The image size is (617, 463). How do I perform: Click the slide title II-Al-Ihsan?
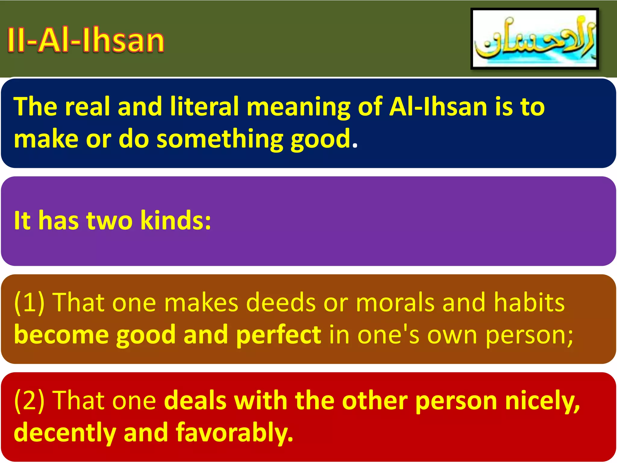coord(86,40)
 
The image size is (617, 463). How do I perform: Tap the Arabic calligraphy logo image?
coord(535,39)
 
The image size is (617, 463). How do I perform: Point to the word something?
coord(220,140)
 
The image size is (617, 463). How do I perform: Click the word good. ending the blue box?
coord(324,140)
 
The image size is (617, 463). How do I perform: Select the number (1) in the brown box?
coord(29,302)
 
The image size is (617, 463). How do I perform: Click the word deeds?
coord(281,302)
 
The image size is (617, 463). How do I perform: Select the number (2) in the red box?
coord(29,401)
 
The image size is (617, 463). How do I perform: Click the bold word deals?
coord(195,401)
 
